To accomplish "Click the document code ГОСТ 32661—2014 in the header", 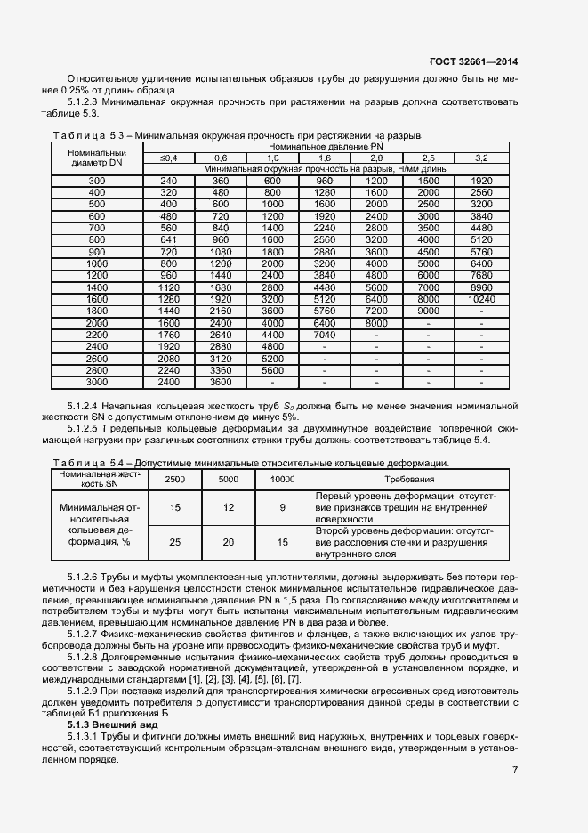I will point(473,62).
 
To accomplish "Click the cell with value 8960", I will point(481,313).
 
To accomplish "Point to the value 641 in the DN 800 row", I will point(168,239).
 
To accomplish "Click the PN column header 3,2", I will point(481,158).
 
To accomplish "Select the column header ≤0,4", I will point(168,158).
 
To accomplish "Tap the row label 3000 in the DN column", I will point(96,382).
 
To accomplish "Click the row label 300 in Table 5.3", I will point(96,182).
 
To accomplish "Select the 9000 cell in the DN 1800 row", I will point(429,336).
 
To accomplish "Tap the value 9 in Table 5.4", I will point(282,507).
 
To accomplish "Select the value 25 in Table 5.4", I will point(175,541).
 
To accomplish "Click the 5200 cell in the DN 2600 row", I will point(272,360).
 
